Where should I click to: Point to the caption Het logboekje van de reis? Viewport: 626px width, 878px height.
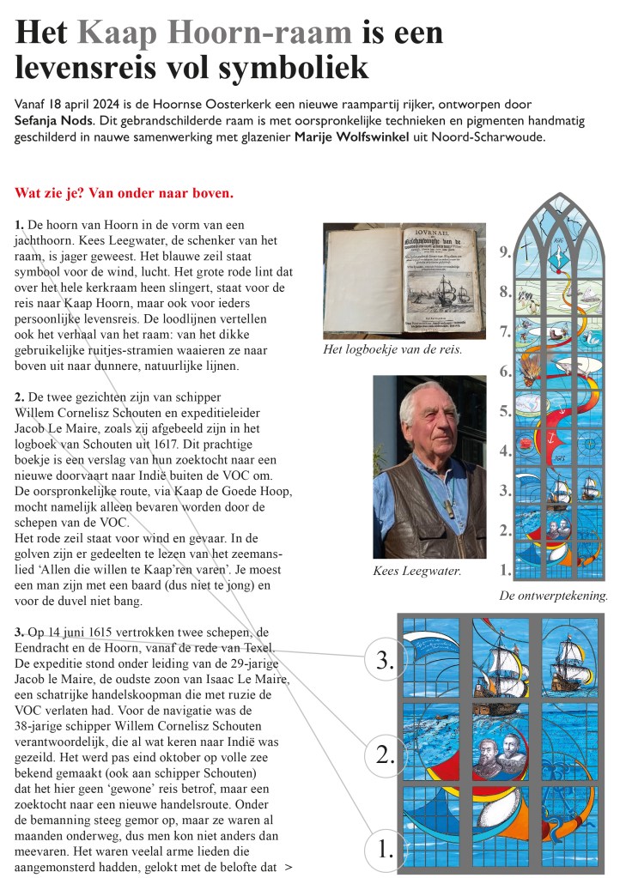click(x=392, y=349)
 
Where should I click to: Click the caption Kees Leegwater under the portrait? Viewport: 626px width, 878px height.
click(x=417, y=571)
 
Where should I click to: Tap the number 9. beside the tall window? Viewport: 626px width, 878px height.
click(x=506, y=251)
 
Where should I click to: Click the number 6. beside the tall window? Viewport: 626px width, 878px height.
click(x=506, y=372)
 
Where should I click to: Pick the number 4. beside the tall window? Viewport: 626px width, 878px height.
click(x=506, y=451)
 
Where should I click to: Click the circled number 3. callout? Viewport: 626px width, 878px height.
click(x=385, y=660)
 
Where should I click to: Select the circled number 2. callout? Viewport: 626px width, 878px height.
click(x=385, y=754)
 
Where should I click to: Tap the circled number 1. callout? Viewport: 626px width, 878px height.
click(x=385, y=849)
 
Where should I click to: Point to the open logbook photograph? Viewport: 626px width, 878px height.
click(x=404, y=282)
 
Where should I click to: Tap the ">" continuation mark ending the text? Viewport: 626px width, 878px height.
click(x=288, y=867)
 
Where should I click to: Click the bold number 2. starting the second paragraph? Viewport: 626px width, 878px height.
click(x=20, y=397)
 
